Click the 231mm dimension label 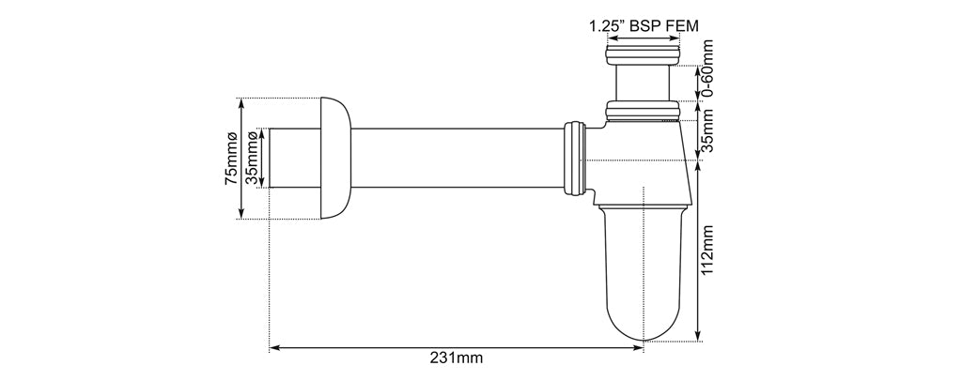tap(456, 358)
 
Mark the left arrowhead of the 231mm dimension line tap(274, 347)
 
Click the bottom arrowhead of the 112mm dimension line tap(697, 339)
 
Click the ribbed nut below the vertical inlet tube tap(643, 113)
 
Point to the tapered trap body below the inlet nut tap(643, 160)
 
